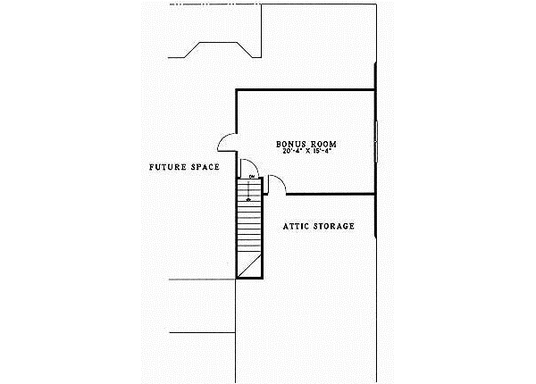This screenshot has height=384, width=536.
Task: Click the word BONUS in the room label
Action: point(289,143)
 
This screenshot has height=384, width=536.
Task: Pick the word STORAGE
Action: point(336,226)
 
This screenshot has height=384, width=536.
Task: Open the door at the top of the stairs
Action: point(247,168)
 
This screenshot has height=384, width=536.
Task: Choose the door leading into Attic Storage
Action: point(276,185)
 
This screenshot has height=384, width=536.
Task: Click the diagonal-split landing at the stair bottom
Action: point(249,264)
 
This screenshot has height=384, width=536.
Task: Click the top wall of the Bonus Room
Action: point(304,89)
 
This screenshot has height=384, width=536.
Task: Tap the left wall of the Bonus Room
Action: point(236,112)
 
